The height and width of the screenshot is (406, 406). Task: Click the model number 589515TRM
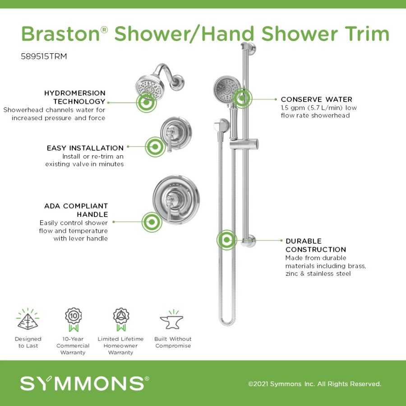pos(44,56)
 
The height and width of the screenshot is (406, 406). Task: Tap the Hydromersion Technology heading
pos(75,97)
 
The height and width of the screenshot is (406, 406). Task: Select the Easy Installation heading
pos(85,148)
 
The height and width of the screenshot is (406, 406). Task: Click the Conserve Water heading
pos(316,99)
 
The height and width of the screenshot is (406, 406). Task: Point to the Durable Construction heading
pos(316,245)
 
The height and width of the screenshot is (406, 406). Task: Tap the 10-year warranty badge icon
pos(73,319)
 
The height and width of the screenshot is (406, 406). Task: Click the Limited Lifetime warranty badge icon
pos(121,319)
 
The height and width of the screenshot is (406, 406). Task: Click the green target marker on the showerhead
pos(146,102)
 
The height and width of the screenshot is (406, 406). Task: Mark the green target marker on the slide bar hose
pos(226,240)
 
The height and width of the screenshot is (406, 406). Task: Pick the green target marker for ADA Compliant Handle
pos(152,222)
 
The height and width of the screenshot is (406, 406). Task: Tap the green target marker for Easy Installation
pos(155,147)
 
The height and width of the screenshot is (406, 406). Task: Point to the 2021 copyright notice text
pos(314,384)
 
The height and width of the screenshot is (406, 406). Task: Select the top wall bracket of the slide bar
pos(249,48)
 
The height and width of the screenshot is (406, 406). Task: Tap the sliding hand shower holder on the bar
pos(244,144)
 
